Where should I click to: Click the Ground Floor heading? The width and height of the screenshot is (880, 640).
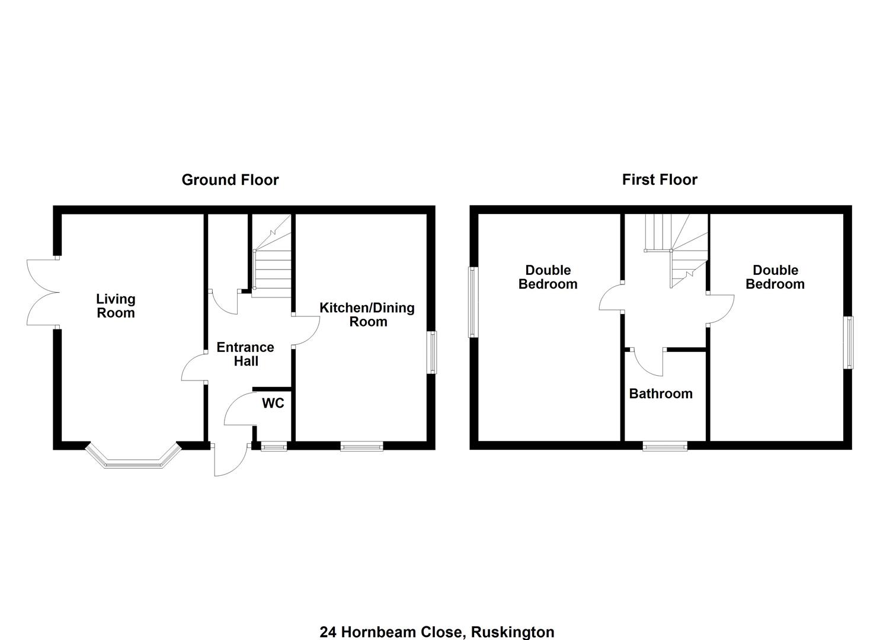point(230,180)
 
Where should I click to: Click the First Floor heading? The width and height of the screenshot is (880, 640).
point(660,180)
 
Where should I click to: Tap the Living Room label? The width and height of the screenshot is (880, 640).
point(116,306)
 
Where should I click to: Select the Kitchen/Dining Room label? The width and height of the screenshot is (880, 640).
point(367,315)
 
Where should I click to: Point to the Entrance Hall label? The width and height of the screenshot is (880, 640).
point(245,354)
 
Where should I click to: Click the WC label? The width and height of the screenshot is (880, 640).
point(273,404)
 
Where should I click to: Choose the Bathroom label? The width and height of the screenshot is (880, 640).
point(661,393)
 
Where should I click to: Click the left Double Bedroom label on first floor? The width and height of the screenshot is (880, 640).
point(548,277)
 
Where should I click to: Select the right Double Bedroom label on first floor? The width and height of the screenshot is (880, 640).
point(775,277)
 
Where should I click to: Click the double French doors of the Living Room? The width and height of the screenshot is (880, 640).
point(43,292)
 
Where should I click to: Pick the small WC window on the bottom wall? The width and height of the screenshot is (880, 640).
point(274,446)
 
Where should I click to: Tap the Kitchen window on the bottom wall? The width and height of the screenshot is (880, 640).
point(361,446)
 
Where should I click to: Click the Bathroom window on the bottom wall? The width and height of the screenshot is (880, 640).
point(665,446)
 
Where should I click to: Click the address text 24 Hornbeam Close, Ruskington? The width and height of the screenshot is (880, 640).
point(437,632)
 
